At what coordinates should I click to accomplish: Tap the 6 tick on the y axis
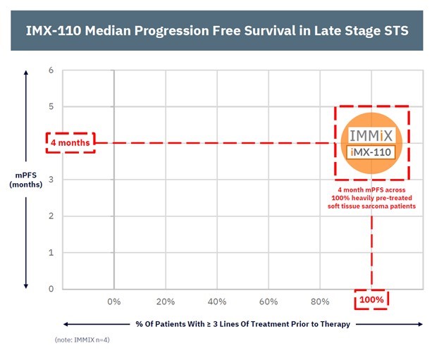pos(50,70)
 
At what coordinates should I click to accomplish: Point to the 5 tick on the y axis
pos(50,107)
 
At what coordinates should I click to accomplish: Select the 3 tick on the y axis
pos(50,180)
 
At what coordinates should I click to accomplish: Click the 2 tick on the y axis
pos(50,216)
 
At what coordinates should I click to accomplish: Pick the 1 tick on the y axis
pos(50,252)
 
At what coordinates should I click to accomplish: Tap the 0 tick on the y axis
pos(50,289)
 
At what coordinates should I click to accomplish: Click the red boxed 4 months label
pos(70,143)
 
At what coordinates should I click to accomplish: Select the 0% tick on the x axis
pos(113,302)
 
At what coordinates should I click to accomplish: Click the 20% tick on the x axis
pos(165,302)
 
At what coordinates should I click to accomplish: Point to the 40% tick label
pos(216,302)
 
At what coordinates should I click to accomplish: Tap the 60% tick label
pos(268,302)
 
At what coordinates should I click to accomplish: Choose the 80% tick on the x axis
pos(319,302)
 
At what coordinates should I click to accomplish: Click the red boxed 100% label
pos(371,300)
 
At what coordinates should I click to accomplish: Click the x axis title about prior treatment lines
pos(242,324)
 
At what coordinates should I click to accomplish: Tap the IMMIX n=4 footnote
pos(82,340)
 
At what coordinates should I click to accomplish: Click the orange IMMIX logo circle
pos(372,144)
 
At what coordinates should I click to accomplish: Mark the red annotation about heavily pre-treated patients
pos(372,198)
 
